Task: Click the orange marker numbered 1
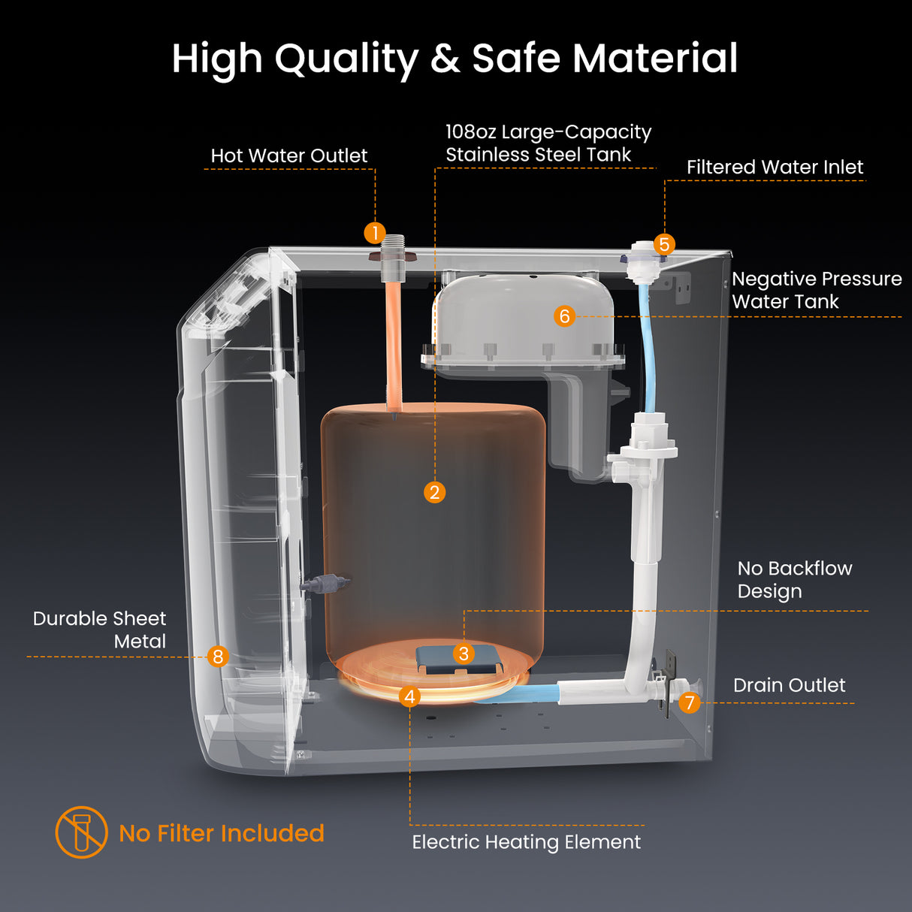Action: tap(375, 233)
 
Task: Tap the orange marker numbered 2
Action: tap(434, 492)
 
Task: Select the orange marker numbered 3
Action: tap(464, 654)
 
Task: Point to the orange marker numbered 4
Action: tap(409, 696)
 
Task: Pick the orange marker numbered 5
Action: tap(664, 244)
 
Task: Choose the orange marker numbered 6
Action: tap(564, 316)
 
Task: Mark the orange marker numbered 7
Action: tap(689, 703)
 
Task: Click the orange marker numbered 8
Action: tap(218, 657)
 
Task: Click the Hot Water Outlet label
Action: tap(289, 156)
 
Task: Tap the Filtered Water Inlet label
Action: tap(775, 168)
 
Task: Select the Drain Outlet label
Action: tap(789, 685)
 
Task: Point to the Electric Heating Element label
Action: tap(526, 842)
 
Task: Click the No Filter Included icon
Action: tap(81, 832)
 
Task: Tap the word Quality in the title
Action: tap(346, 59)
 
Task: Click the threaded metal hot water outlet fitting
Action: tap(393, 255)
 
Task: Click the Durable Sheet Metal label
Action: tap(100, 630)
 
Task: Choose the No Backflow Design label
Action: tap(794, 579)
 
